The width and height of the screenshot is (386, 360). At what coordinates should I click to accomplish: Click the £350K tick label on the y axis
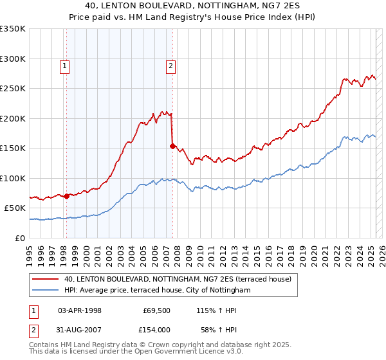point(12,29)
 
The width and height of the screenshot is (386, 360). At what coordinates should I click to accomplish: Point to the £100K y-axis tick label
point(12,178)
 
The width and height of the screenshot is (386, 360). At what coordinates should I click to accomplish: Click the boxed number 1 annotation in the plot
point(66,65)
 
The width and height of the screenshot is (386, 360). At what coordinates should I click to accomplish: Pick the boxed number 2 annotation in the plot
point(171,65)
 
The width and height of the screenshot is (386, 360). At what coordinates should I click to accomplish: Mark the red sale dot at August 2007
point(172,146)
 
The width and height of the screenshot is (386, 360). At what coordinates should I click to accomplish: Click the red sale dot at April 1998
point(66,196)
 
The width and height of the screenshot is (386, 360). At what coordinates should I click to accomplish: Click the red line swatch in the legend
point(45,280)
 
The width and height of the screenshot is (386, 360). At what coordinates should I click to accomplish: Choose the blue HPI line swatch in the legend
point(45,291)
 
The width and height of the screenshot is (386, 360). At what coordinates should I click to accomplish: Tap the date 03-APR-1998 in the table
point(79,310)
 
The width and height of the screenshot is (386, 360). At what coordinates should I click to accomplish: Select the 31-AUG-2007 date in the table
point(80,329)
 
